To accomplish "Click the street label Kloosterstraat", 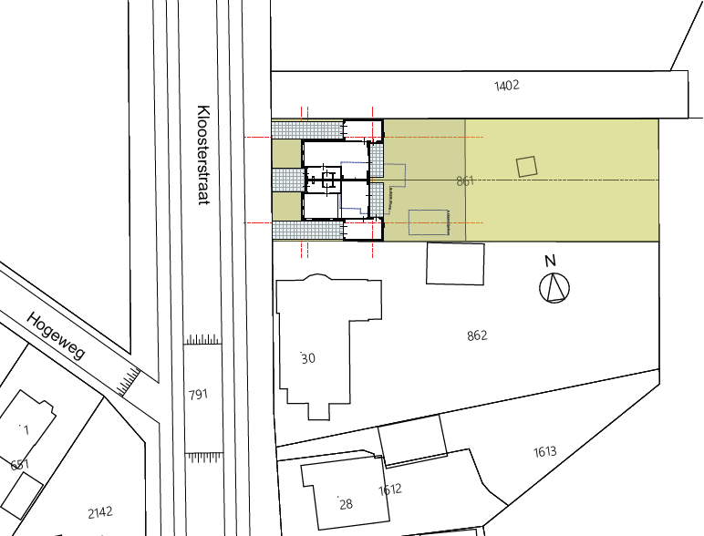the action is pyautogui.click(x=204, y=155).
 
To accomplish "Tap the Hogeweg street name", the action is pyautogui.click(x=56, y=335).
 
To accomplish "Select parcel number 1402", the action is pyautogui.click(x=507, y=86).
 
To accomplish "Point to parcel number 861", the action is pyautogui.click(x=465, y=180).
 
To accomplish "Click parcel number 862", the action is pyautogui.click(x=477, y=335).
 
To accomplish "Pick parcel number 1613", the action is pyautogui.click(x=545, y=451).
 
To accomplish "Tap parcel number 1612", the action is pyautogui.click(x=389, y=490).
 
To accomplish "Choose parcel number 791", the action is pyautogui.click(x=198, y=395).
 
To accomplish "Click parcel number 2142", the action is pyautogui.click(x=100, y=512).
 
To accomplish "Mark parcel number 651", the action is pyautogui.click(x=20, y=464).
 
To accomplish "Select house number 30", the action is pyautogui.click(x=308, y=358).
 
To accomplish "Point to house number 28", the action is pyautogui.click(x=346, y=504).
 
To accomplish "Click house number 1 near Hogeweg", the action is pyautogui.click(x=26, y=430).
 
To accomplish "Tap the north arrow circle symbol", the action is pyautogui.click(x=554, y=288).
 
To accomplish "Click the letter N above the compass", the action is pyautogui.click(x=550, y=261).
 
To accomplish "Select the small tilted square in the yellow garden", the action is pyautogui.click(x=527, y=167).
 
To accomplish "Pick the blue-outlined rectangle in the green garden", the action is pyautogui.click(x=430, y=222).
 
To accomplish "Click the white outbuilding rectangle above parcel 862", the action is pyautogui.click(x=455, y=264).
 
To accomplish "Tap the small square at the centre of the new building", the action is pyautogui.click(x=328, y=180).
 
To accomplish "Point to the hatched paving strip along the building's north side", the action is pyautogui.click(x=307, y=130).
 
